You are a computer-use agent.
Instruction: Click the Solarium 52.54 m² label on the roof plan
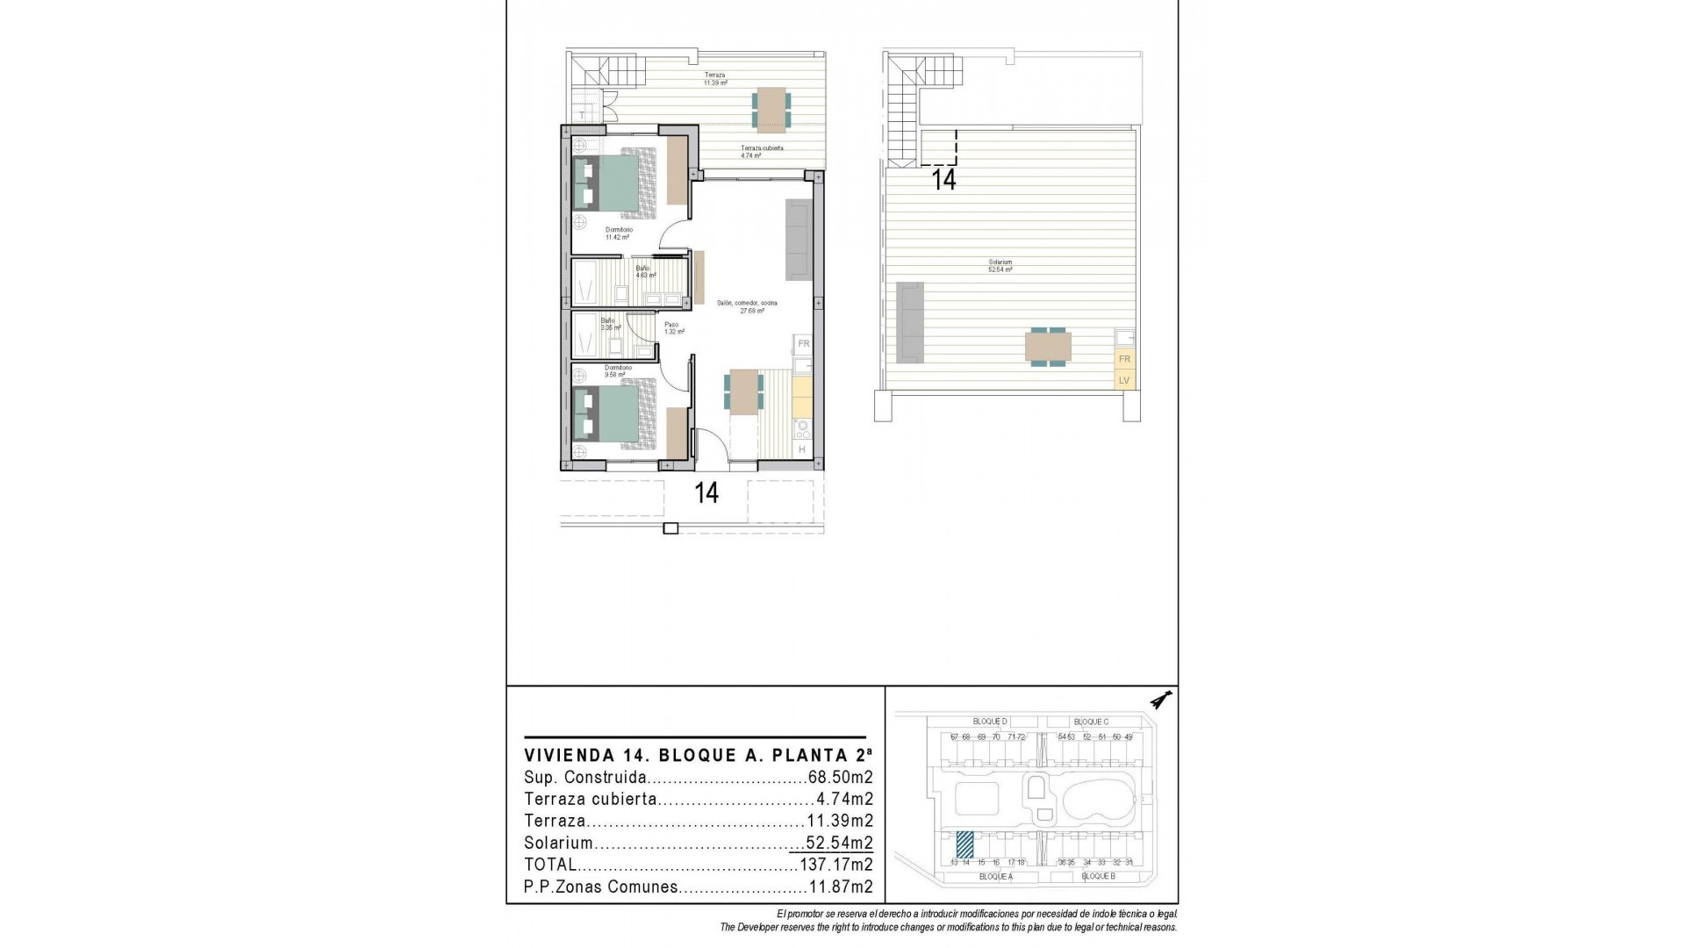(x=1000, y=266)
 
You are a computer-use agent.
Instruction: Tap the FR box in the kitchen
(x=803, y=344)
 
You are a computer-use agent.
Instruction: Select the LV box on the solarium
(x=1123, y=380)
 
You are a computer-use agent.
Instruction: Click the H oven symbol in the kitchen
(x=802, y=450)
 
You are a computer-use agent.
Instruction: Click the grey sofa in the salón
(x=799, y=240)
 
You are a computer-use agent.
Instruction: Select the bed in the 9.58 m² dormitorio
(x=615, y=413)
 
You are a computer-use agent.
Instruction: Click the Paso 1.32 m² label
(x=673, y=328)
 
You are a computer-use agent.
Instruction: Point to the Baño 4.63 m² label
(x=643, y=272)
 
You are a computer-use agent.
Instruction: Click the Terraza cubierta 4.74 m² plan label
(x=761, y=152)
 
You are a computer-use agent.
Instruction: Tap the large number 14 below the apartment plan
(x=706, y=493)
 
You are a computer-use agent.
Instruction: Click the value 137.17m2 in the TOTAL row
(x=835, y=865)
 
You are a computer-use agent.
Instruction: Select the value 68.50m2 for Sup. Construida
(x=839, y=778)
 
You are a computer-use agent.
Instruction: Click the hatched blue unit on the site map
(x=964, y=844)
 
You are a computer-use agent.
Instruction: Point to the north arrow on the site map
(x=1162, y=700)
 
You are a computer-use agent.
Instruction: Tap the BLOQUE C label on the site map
(x=1091, y=722)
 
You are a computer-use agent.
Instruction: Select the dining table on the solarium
(x=1048, y=346)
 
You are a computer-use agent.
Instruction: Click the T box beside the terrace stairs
(x=582, y=115)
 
